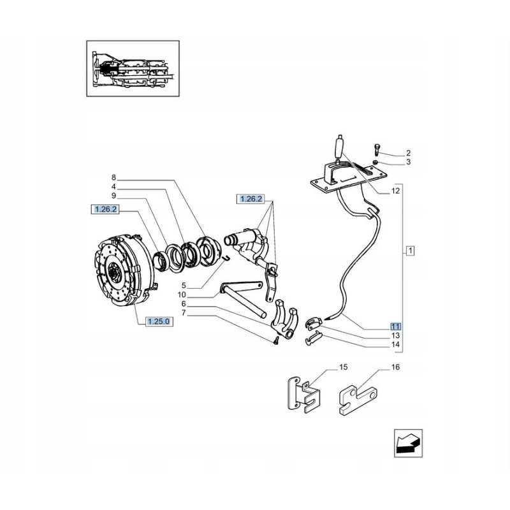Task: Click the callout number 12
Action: click(x=395, y=191)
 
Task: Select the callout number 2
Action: click(x=409, y=153)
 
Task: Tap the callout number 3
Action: click(x=409, y=163)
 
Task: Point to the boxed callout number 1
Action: click(x=410, y=251)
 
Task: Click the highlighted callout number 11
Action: click(x=396, y=325)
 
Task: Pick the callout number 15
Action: click(x=343, y=368)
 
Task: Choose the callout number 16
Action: click(x=395, y=368)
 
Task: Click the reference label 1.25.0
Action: click(x=158, y=321)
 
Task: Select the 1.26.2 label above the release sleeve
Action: click(x=251, y=199)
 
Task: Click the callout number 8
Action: click(x=113, y=177)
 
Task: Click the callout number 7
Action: click(x=184, y=313)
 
